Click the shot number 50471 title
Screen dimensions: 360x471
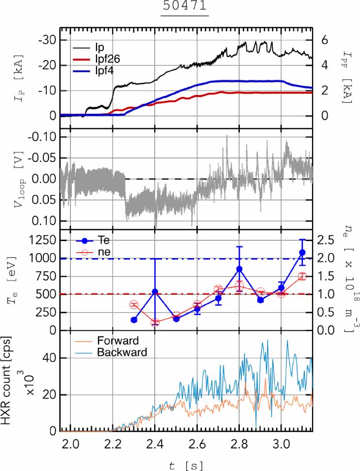point(185,6)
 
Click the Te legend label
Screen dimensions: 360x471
point(104,240)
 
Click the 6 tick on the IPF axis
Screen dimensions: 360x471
point(325,40)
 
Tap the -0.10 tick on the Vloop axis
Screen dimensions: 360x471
point(42,137)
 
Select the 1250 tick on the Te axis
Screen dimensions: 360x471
point(41,240)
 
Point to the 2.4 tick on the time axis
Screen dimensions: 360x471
point(155,444)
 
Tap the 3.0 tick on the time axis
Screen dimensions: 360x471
point(282,444)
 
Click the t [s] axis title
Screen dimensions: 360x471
point(186,465)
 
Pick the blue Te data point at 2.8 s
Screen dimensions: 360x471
point(239,269)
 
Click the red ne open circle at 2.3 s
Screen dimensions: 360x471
point(134,305)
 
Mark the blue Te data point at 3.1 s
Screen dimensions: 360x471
point(302,252)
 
